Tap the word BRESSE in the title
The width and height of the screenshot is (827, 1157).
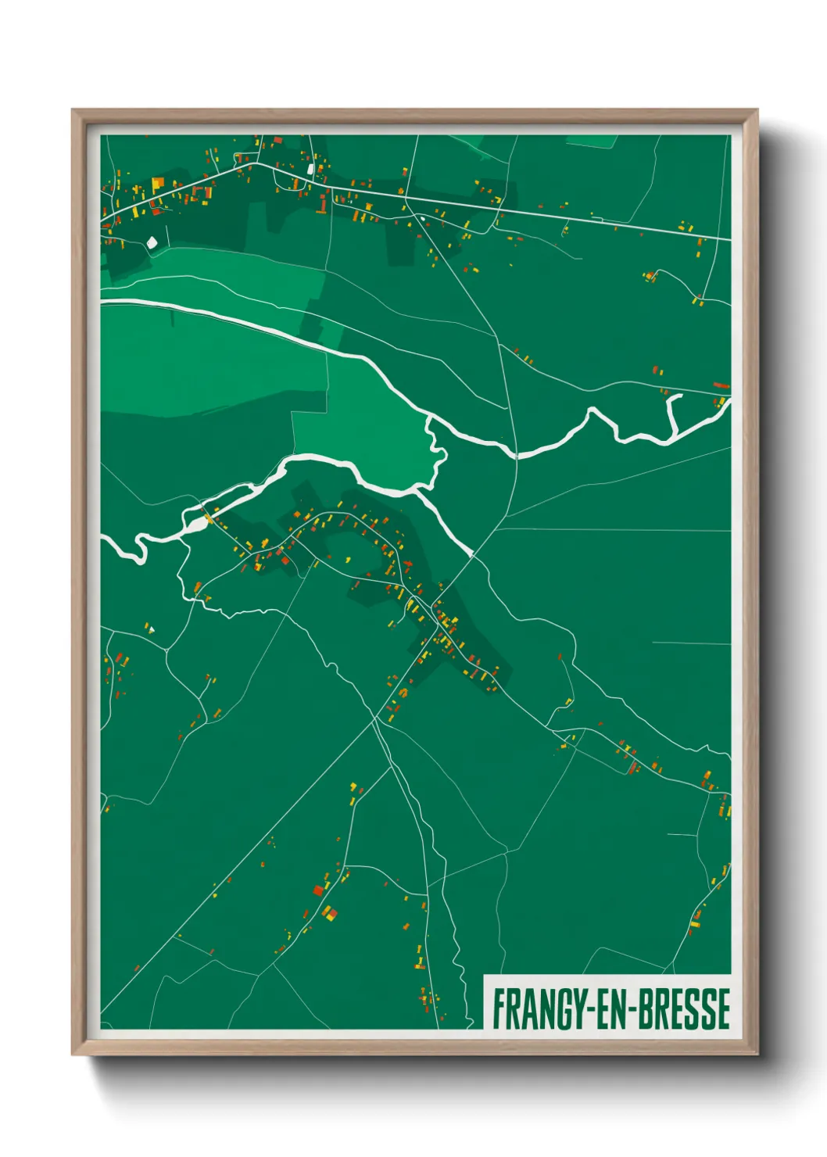pos(684,1009)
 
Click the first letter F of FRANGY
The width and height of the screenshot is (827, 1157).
pos(497,1009)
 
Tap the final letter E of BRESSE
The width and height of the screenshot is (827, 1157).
pos(724,1009)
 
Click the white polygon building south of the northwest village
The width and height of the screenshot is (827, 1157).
pos(152,242)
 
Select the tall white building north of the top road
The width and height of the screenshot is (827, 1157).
pos(310,168)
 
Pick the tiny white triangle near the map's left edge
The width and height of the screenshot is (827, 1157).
pos(152,629)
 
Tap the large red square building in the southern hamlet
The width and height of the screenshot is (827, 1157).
pos(318,890)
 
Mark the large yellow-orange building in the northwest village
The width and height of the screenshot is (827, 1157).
pos(158,184)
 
